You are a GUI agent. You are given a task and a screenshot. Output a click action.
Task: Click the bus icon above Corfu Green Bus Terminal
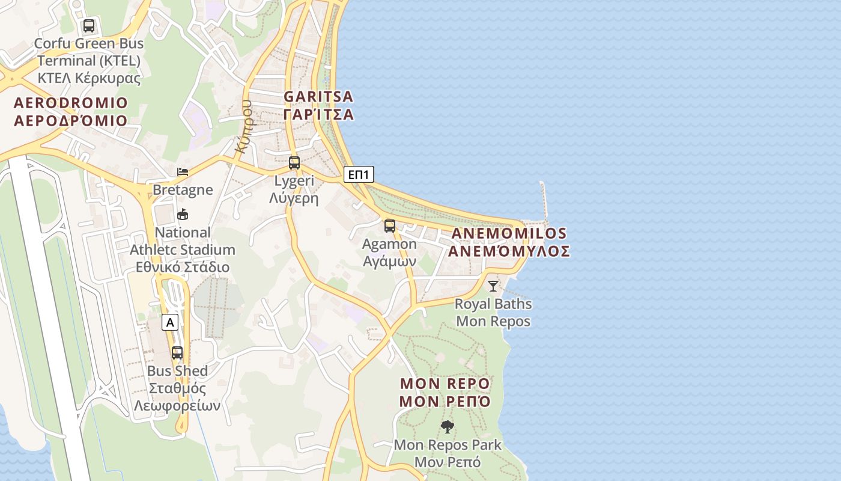click(89, 26)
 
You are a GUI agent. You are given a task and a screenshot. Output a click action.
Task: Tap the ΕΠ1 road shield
click(359, 175)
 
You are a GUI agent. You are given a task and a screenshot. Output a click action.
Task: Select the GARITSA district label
click(318, 105)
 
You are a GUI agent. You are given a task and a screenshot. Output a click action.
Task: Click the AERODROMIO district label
click(71, 112)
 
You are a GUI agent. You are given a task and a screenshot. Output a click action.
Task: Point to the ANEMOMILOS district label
click(509, 242)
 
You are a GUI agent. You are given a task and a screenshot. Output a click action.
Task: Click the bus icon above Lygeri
click(294, 162)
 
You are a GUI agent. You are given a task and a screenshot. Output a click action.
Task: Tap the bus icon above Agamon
click(390, 226)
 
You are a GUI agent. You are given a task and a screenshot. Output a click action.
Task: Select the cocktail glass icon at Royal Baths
click(493, 286)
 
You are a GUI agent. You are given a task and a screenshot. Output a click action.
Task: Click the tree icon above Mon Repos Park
click(447, 427)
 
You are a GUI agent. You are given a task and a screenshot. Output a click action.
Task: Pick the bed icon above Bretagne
click(183, 172)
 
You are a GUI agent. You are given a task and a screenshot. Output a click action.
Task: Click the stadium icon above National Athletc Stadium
click(183, 214)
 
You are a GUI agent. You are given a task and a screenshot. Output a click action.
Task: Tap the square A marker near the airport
click(171, 322)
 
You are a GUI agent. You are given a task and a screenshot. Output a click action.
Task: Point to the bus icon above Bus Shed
click(177, 353)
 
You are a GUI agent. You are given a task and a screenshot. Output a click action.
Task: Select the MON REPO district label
click(445, 392)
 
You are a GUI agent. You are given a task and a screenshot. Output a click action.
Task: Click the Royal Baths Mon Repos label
click(493, 313)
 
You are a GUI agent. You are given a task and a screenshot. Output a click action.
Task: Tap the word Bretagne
click(183, 190)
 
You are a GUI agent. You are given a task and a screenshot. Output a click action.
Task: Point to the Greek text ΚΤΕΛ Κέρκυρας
click(89, 78)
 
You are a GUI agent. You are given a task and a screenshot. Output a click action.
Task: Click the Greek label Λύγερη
click(294, 198)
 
